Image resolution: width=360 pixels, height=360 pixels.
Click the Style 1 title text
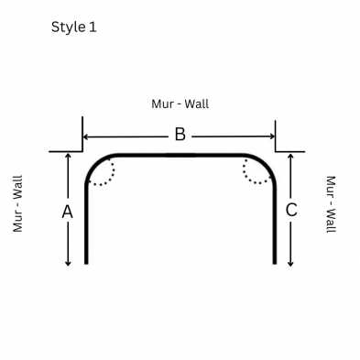(x=74, y=27)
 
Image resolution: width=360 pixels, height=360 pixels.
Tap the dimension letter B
(x=180, y=135)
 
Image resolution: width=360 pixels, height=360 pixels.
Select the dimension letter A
(x=68, y=212)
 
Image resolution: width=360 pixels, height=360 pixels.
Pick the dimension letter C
(x=291, y=210)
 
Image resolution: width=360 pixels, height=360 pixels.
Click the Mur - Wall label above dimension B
(x=180, y=104)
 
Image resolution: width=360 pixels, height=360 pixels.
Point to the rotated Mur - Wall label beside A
(x=17, y=203)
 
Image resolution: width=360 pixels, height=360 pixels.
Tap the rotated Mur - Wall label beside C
(x=332, y=204)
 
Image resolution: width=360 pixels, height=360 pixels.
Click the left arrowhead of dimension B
(x=85, y=136)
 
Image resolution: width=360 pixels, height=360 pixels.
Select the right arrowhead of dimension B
(x=272, y=136)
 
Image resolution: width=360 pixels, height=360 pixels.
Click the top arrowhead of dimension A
(x=68, y=155)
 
